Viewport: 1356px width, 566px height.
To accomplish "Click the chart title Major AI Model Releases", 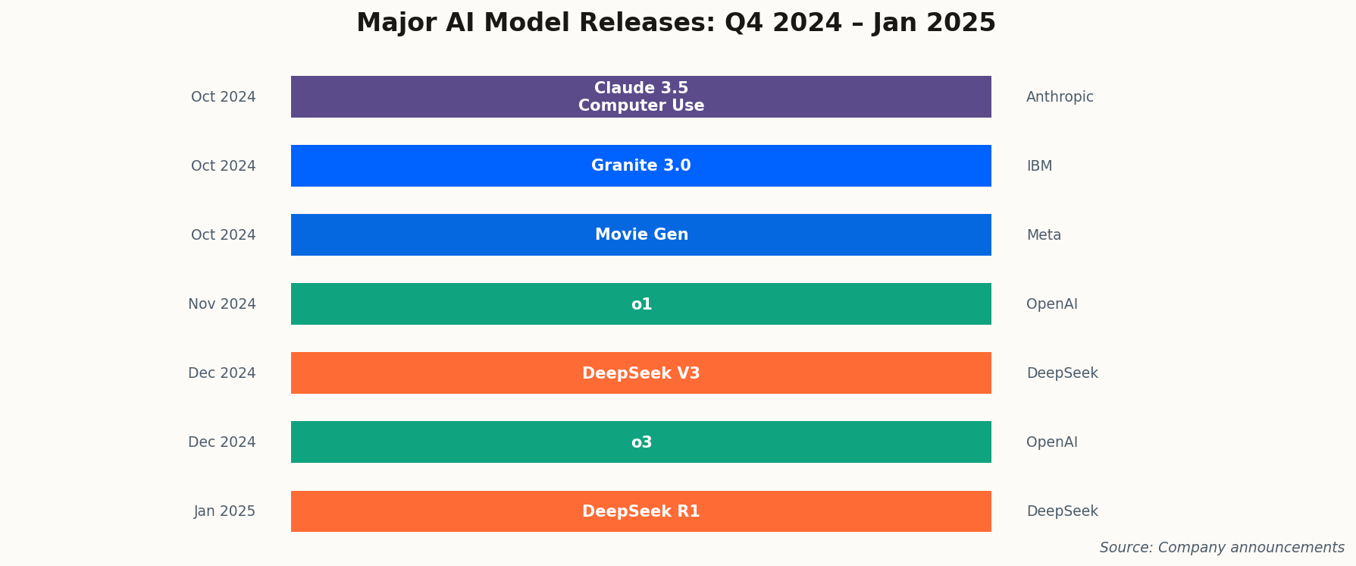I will pyautogui.click(x=675, y=23).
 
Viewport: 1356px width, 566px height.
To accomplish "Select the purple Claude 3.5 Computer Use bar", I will pyautogui.click(x=640, y=96).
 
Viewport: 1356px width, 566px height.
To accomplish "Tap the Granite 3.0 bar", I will pyautogui.click(x=640, y=165).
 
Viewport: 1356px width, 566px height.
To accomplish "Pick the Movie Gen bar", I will pyautogui.click(x=640, y=234).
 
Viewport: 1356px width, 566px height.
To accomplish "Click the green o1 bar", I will pyautogui.click(x=640, y=303).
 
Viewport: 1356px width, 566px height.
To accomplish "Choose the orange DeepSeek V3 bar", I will pyautogui.click(x=640, y=373).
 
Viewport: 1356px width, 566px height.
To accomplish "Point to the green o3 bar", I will pyautogui.click(x=640, y=442).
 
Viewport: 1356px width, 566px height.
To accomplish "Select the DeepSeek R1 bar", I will pyautogui.click(x=640, y=511).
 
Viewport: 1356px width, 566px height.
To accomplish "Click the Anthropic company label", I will pyautogui.click(x=1060, y=97).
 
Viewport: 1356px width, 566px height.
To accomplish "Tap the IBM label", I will pyautogui.click(x=1039, y=166).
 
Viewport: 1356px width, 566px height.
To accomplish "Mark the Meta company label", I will pyautogui.click(x=1044, y=235).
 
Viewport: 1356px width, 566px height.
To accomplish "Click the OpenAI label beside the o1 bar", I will pyautogui.click(x=1051, y=304).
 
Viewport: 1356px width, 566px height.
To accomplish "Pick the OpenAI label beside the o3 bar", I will pyautogui.click(x=1051, y=442).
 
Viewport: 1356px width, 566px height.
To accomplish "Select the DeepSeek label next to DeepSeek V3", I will pyautogui.click(x=1062, y=373).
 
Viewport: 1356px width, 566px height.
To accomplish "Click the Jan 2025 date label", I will pyautogui.click(x=224, y=511).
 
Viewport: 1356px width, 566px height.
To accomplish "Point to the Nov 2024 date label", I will pyautogui.click(x=222, y=304).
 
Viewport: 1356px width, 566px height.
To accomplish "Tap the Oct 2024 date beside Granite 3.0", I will pyautogui.click(x=223, y=166).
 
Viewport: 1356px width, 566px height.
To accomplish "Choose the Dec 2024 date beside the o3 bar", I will pyautogui.click(x=222, y=442).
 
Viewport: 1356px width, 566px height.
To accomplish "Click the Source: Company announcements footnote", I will pyautogui.click(x=1222, y=548).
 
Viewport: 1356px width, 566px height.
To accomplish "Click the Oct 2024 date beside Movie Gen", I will pyautogui.click(x=223, y=235).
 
